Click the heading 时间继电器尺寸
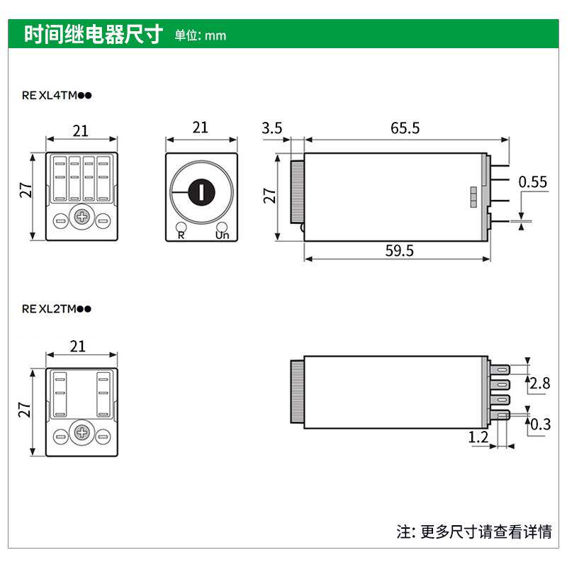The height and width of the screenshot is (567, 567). coord(94,34)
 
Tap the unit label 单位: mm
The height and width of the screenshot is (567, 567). coord(201,35)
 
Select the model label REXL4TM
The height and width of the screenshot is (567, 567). coord(57,95)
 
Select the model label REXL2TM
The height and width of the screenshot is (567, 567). coord(57,308)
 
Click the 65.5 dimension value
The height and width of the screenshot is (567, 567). coord(405,128)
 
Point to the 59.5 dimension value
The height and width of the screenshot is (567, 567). coord(400,251)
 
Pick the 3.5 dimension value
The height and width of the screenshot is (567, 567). coord(271,128)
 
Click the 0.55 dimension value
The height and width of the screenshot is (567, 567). coord(533,182)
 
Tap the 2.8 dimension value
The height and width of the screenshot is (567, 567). coord(540,383)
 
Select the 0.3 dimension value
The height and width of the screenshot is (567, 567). coord(540,425)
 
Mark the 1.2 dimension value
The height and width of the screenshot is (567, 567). coord(478,437)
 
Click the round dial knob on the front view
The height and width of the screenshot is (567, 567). coord(201,191)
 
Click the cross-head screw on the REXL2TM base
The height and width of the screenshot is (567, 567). coord(82,432)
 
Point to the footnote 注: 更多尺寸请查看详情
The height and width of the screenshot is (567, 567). coord(473,531)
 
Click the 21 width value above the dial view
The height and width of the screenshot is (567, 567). coord(201,128)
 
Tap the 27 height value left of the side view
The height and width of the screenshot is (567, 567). coord(270,196)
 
